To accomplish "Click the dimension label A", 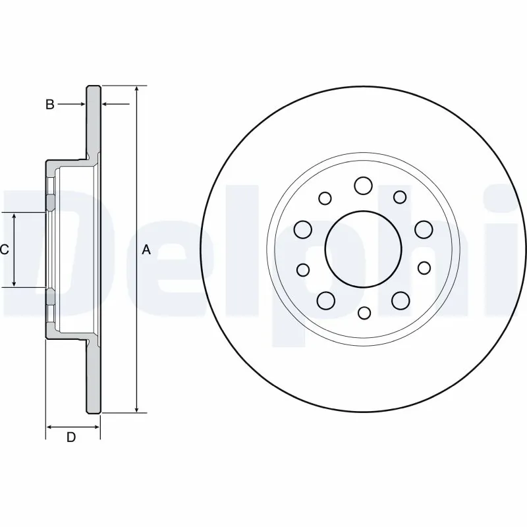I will [146, 250].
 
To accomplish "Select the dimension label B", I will [49, 104].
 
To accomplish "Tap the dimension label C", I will [4, 250].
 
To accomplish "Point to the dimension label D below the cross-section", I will [71, 437].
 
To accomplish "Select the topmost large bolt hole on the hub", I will [363, 186].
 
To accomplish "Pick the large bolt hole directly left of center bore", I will [303, 229].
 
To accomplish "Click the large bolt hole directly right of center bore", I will [423, 229].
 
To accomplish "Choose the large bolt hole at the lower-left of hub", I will [326, 300].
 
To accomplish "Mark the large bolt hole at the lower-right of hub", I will [400, 300].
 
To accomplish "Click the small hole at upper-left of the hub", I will [325, 197].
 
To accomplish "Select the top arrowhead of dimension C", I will [14, 216].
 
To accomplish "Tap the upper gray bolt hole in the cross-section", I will [50, 201].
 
